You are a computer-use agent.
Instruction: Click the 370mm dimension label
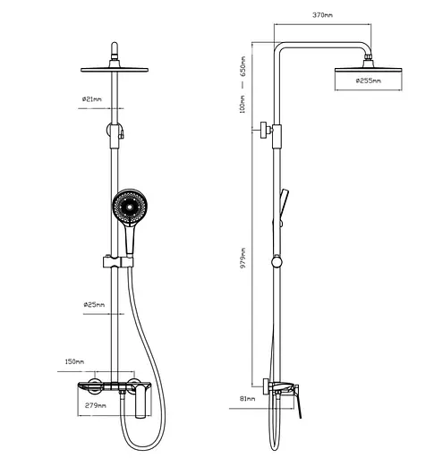coord(322,15)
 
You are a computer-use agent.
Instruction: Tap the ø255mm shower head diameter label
coord(369,81)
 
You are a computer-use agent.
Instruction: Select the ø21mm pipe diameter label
coord(92,99)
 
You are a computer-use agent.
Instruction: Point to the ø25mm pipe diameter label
coord(94,305)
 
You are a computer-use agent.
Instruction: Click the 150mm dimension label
coord(74,361)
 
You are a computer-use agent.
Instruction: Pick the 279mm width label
coord(96,405)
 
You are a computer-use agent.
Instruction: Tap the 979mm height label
coord(243,258)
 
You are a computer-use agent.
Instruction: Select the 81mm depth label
coord(248,399)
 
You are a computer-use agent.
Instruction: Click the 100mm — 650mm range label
coord(243,84)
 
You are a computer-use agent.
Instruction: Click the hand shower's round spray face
coord(130,207)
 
